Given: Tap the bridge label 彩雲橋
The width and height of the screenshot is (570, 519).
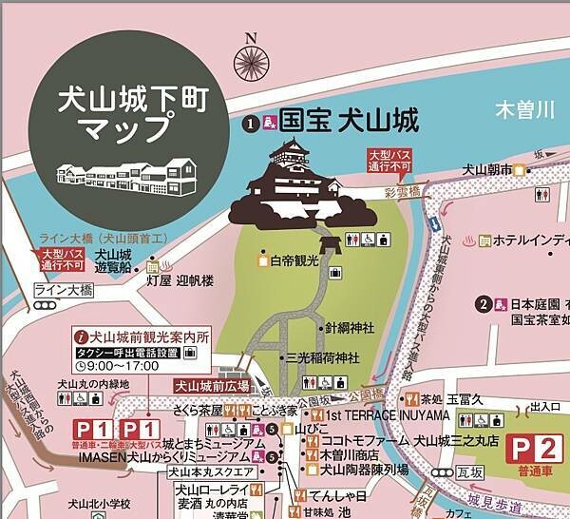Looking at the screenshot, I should (x=402, y=191).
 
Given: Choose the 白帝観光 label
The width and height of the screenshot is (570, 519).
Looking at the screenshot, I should (x=295, y=259).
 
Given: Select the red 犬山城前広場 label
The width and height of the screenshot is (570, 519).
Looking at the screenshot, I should (x=211, y=386).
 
